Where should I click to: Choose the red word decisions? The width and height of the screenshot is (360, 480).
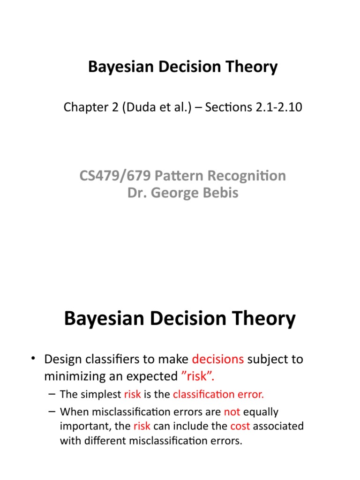click(x=218, y=360)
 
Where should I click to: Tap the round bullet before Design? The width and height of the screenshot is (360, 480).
click(x=33, y=360)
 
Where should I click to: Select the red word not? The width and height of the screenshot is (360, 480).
click(x=232, y=412)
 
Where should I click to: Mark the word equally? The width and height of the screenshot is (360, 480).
click(x=261, y=412)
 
